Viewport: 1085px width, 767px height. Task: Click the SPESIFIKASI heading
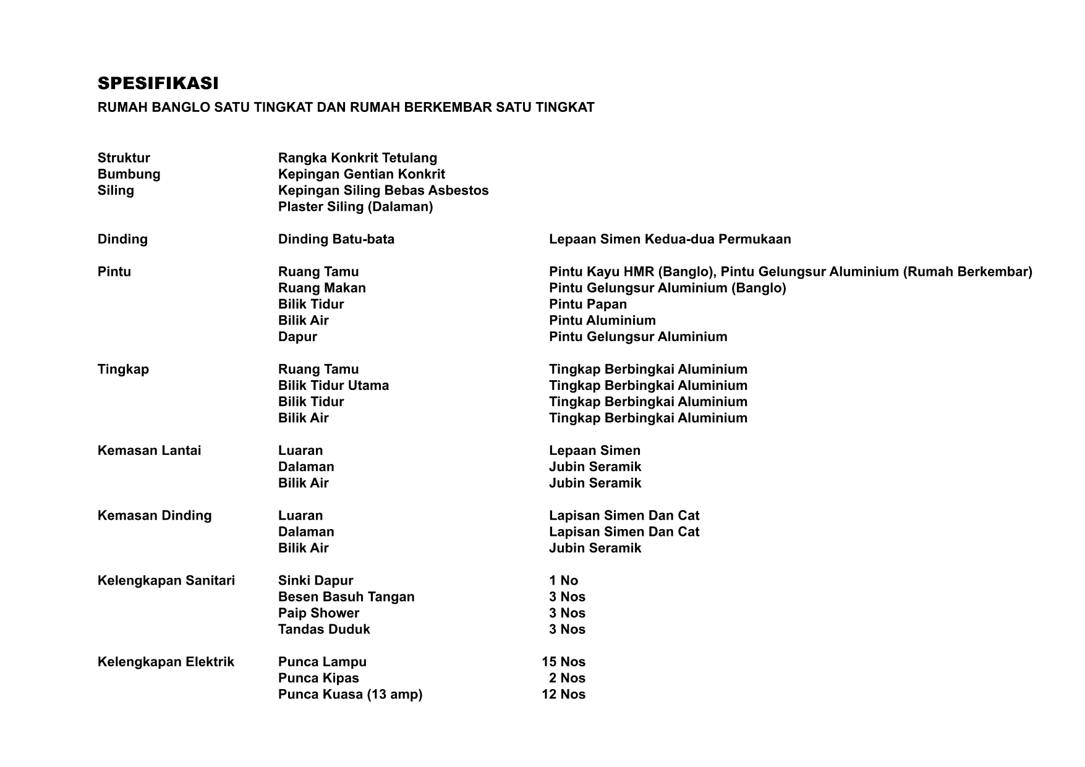coord(158,83)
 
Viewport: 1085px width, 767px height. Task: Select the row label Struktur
coord(124,158)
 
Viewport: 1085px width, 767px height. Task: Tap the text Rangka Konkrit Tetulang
coord(357,158)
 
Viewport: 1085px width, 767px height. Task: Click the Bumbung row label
coord(129,174)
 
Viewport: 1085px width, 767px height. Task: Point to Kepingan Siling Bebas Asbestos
coord(383,190)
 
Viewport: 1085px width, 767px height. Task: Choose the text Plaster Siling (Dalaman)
coord(355,206)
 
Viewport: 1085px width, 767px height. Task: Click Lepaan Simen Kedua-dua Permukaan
coord(670,239)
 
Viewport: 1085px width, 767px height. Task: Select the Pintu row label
coord(114,272)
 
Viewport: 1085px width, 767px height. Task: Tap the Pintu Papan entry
coord(588,304)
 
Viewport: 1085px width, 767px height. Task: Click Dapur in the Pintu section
coord(297,337)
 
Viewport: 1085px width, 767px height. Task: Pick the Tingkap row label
coord(123,370)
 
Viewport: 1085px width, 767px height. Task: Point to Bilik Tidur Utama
coord(333,386)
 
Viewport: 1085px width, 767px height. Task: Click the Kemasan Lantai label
coord(149,451)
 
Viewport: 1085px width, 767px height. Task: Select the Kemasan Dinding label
coord(155,515)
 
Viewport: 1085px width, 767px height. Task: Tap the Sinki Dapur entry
coord(315,580)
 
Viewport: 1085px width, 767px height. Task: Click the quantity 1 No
coord(563,580)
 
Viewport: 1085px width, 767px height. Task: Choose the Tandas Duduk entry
coord(324,629)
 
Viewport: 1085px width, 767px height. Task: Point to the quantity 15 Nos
coord(563,662)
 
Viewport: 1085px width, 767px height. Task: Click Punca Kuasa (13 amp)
coord(350,694)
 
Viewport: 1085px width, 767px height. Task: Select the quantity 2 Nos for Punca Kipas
coord(567,678)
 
